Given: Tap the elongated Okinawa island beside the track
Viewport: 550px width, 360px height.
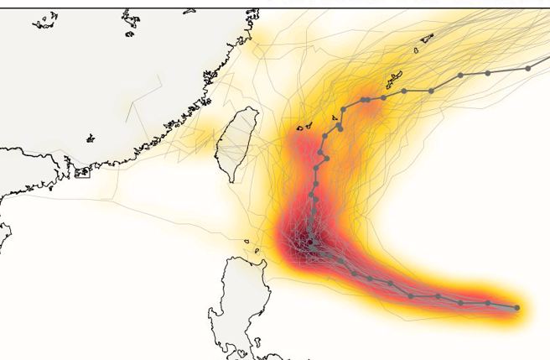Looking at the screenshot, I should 394,81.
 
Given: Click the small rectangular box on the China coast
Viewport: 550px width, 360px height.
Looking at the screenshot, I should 82,173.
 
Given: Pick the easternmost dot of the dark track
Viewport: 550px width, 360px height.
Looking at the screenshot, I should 516,308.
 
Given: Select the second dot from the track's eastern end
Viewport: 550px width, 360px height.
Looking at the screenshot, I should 488,303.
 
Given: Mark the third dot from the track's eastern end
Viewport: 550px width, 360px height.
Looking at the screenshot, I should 461,302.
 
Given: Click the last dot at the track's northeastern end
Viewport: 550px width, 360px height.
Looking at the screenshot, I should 528,68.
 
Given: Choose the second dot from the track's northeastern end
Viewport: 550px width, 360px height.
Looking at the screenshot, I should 488,73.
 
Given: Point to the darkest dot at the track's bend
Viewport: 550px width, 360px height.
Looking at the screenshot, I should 310,242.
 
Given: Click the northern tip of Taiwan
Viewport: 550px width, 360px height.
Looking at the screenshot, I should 248,108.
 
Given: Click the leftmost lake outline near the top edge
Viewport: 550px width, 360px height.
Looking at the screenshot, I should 44,22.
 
